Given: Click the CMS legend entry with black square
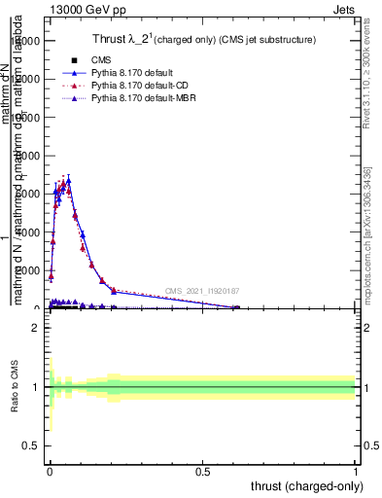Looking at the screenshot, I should pos(93,60).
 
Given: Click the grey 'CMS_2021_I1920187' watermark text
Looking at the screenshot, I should pos(202,291).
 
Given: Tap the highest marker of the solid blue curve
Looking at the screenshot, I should pos(68,180).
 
